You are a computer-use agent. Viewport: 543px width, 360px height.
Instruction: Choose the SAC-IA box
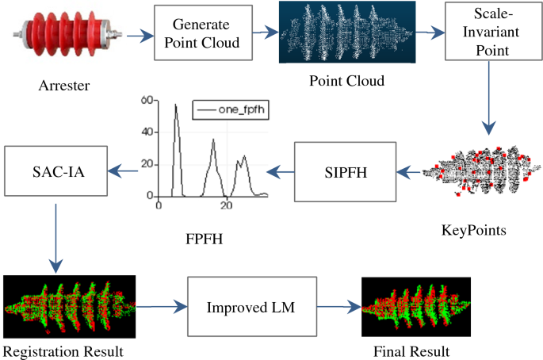click(55, 170)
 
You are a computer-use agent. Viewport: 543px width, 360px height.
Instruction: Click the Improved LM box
click(251, 305)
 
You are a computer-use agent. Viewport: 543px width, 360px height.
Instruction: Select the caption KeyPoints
click(473, 231)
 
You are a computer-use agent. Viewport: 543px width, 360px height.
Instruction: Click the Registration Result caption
click(63, 350)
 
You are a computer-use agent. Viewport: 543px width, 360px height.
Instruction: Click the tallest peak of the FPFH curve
click(175, 105)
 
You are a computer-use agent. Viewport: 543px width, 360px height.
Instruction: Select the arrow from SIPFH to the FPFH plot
click(281, 168)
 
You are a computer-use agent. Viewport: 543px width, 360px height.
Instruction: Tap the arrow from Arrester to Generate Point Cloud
click(133, 36)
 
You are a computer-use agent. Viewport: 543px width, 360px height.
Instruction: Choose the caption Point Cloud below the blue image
click(346, 82)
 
